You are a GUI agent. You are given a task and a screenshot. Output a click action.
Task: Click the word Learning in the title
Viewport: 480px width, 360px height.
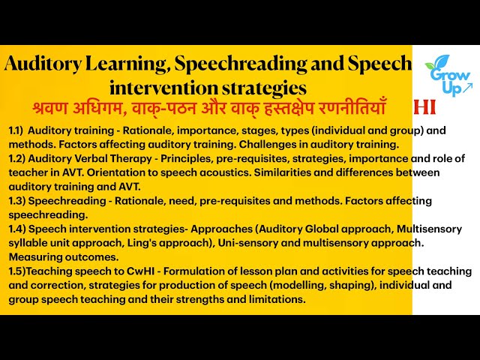pyautogui.click(x=134, y=64)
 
